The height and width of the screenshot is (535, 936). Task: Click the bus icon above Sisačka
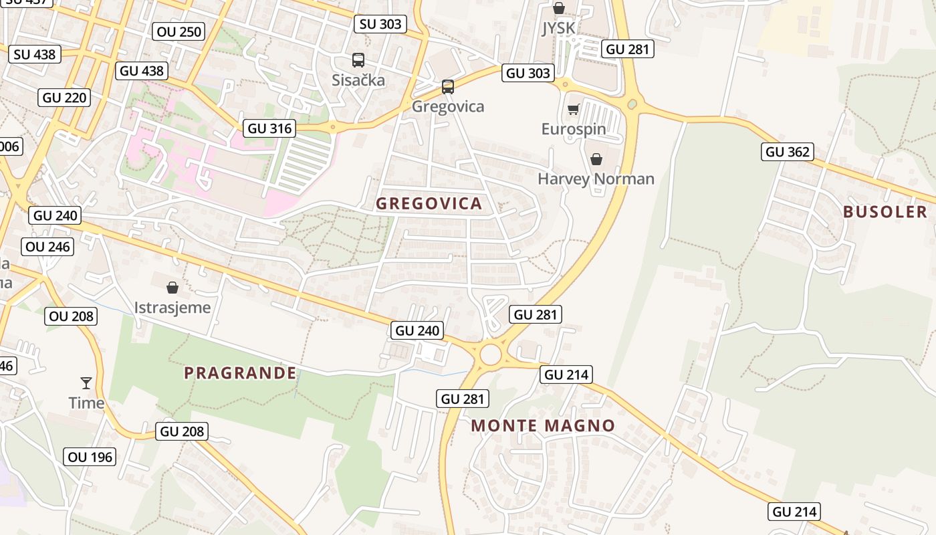click(358, 60)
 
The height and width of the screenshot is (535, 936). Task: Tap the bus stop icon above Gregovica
click(447, 87)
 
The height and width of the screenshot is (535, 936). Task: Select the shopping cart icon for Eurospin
click(573, 109)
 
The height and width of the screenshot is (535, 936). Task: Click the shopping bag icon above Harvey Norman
click(596, 159)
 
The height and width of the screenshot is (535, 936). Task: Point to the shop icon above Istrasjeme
click(172, 288)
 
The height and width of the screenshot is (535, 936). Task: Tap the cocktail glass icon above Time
click(86, 383)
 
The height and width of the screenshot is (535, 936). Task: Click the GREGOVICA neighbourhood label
click(429, 204)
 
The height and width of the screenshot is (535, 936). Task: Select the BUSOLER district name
click(885, 212)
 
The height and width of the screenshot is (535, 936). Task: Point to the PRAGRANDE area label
click(240, 373)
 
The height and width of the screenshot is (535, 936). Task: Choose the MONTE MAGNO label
click(543, 426)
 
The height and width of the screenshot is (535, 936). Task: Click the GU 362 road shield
click(788, 152)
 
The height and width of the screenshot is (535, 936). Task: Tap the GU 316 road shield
click(270, 128)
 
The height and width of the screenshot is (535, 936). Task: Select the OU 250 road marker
click(179, 31)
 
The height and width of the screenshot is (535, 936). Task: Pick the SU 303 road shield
click(380, 24)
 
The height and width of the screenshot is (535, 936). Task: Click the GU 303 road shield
click(528, 73)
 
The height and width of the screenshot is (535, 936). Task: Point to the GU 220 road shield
click(65, 98)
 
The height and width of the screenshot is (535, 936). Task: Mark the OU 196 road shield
click(90, 457)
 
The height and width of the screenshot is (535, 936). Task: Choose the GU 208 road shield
click(182, 431)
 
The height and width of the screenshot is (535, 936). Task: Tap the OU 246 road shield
click(47, 247)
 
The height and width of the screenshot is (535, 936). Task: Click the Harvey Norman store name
click(596, 179)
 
